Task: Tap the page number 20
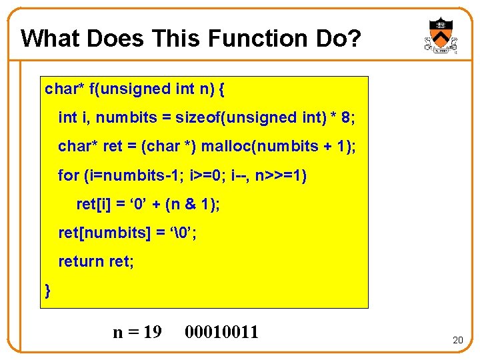457,340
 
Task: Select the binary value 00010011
222,331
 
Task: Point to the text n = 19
137,331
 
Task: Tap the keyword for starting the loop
69,175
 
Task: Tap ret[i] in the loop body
93,204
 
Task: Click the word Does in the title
115,39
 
